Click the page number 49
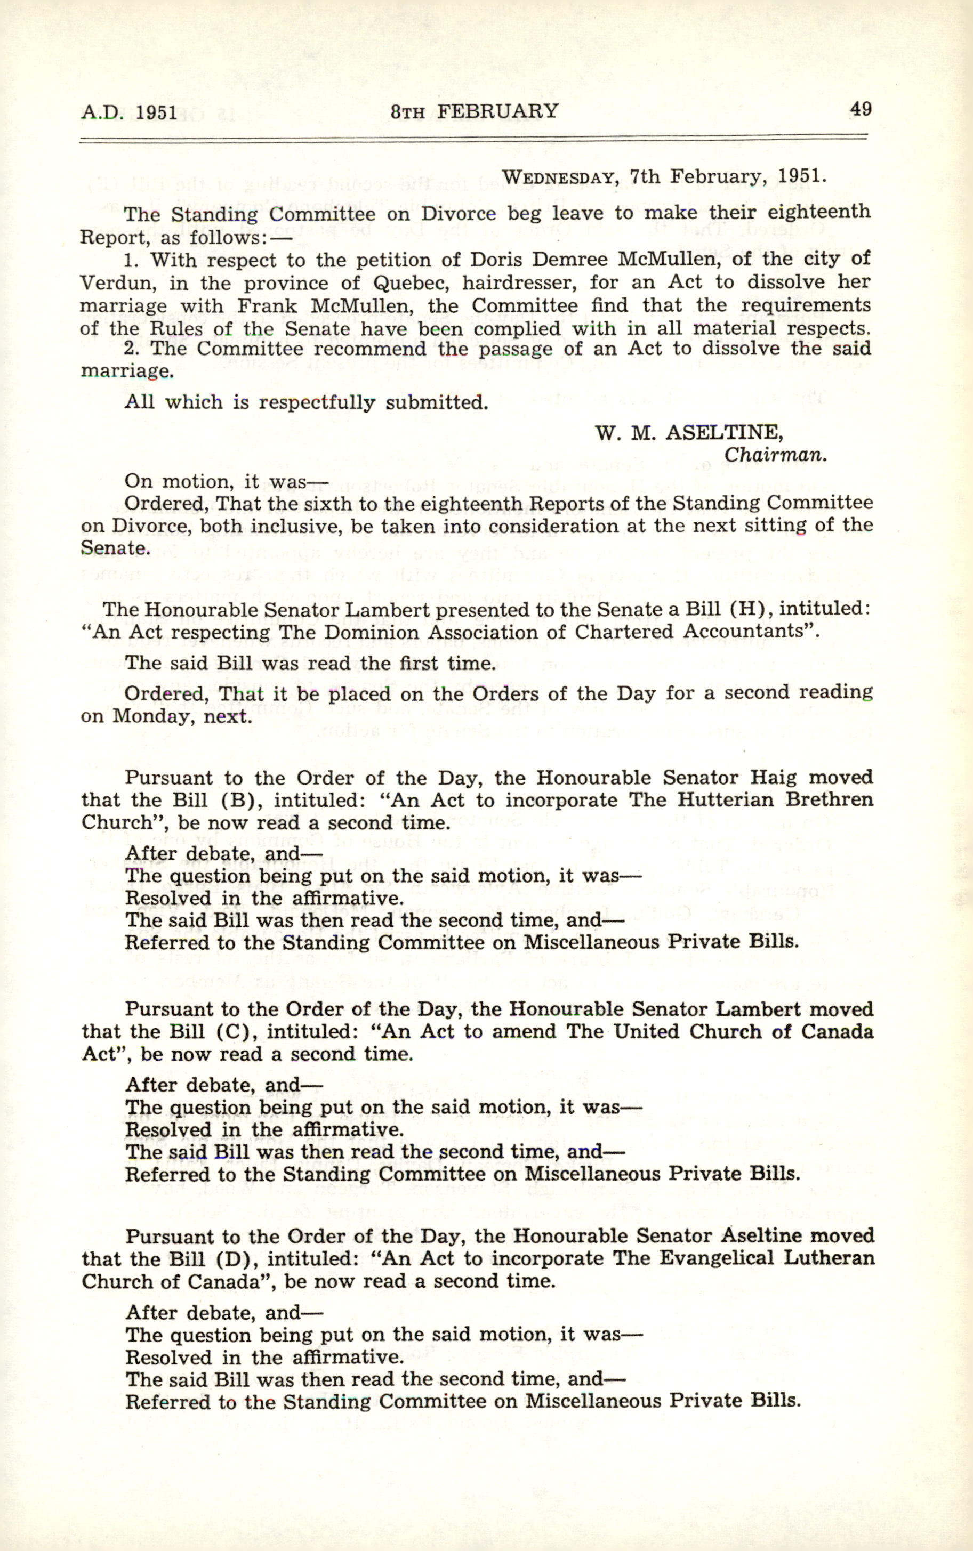click(x=861, y=109)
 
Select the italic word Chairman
click(x=775, y=454)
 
